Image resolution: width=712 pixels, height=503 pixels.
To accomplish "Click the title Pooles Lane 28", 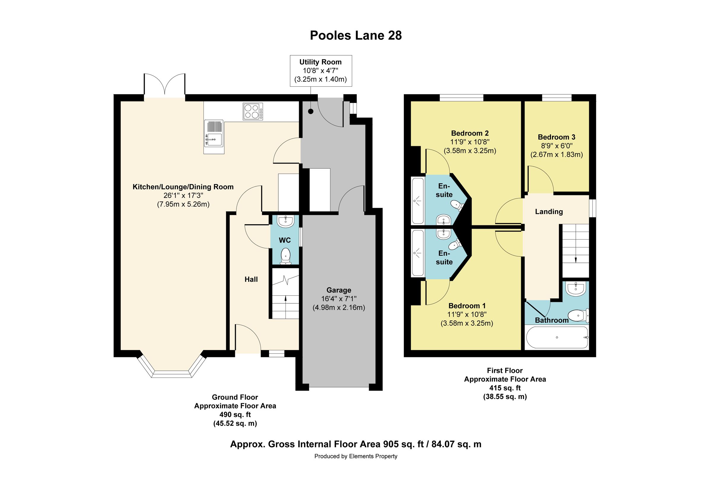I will pos(356,36).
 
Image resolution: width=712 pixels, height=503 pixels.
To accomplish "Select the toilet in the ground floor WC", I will pos(285,257).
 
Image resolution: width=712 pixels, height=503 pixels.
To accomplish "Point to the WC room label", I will pos(285,240).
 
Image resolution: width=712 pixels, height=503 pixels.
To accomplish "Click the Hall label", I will pos(251,279).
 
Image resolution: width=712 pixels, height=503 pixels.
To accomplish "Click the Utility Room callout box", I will pos(320,71).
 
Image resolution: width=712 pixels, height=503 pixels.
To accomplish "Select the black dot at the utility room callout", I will pos(311,112).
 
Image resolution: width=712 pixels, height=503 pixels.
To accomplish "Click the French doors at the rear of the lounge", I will pos(164,85).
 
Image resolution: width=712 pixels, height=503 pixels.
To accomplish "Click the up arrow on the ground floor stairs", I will pos(285,298).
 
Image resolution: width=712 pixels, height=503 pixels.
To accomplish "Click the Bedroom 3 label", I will pos(556,137).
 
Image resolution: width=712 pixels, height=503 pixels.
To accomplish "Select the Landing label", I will pos(549,212).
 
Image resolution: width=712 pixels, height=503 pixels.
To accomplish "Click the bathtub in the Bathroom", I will pos(557,338).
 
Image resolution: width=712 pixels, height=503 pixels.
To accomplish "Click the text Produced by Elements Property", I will pos(356,456).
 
